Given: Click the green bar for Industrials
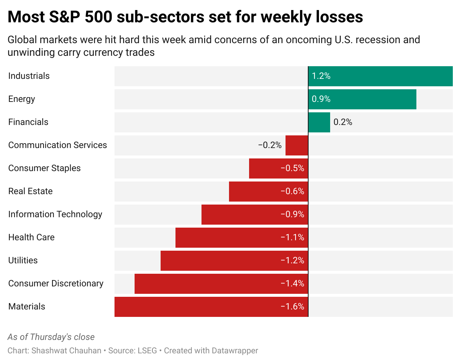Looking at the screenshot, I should (x=380, y=76).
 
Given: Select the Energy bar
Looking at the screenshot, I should (x=362, y=99).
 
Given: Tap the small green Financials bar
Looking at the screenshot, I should (x=319, y=122).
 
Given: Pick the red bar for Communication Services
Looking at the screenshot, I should (x=297, y=145).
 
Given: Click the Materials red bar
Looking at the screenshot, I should (x=211, y=307).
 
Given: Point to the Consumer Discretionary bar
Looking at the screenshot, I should (x=221, y=284).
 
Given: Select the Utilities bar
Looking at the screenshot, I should (x=234, y=261).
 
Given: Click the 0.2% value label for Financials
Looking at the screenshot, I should (x=343, y=122).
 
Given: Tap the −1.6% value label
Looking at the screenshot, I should (x=292, y=307).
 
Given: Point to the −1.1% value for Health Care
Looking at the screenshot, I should (x=292, y=238).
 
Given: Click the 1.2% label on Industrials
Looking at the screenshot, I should (x=321, y=76).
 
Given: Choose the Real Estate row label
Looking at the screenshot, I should (x=30, y=192).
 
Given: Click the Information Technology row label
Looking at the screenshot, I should (x=55, y=215).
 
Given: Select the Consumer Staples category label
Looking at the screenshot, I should (x=44, y=168).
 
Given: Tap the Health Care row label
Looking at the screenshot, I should (x=31, y=238).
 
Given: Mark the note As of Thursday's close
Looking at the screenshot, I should (x=51, y=337).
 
